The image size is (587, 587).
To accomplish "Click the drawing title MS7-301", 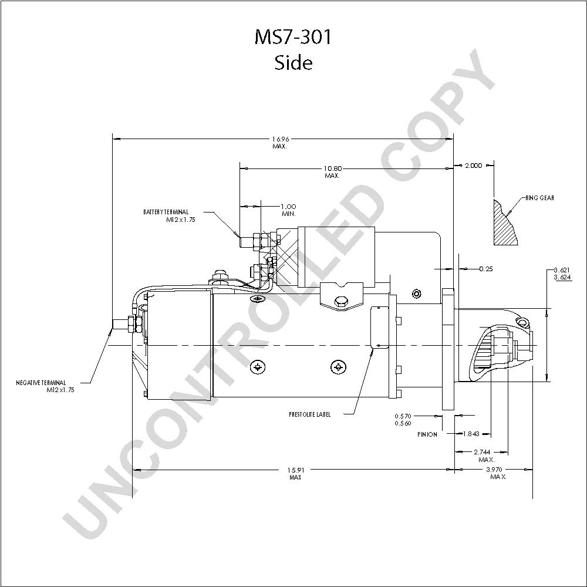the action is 293,37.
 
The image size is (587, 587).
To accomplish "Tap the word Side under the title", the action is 293,63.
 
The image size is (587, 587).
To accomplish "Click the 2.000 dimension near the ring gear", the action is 473,166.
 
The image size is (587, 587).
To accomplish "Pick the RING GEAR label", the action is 539,198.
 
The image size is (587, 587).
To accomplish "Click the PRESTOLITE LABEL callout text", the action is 309,414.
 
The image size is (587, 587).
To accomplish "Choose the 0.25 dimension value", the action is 486,269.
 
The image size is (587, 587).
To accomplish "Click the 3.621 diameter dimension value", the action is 562,270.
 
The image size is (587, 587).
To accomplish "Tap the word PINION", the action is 427,434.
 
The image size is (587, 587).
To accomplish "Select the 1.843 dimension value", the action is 471,434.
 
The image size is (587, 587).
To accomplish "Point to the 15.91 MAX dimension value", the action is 295,473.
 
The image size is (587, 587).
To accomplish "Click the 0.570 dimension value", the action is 403,416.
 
